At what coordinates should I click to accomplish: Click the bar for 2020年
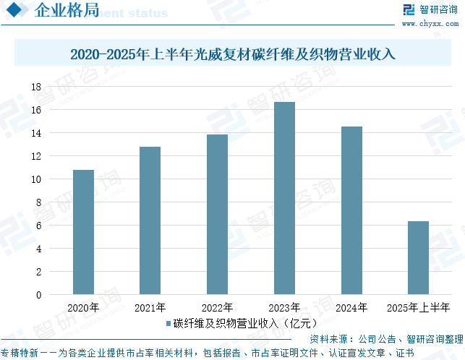coord(83,232)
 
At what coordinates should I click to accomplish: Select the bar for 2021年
coord(150,220)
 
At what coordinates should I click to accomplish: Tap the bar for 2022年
coord(217,214)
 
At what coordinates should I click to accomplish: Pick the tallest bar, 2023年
coord(284,198)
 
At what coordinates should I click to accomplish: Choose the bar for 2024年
coord(351,210)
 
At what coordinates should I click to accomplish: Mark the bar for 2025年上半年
coord(418,258)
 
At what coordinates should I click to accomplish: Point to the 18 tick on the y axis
coord(35,87)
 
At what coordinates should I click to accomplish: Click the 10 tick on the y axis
coord(35,179)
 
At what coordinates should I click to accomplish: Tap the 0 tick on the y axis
coord(38,295)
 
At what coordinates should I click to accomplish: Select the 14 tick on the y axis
coord(35,133)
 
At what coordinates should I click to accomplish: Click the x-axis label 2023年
coord(284,308)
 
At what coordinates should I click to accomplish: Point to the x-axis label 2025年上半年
coord(418,308)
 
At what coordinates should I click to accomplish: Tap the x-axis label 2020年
coord(83,308)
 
